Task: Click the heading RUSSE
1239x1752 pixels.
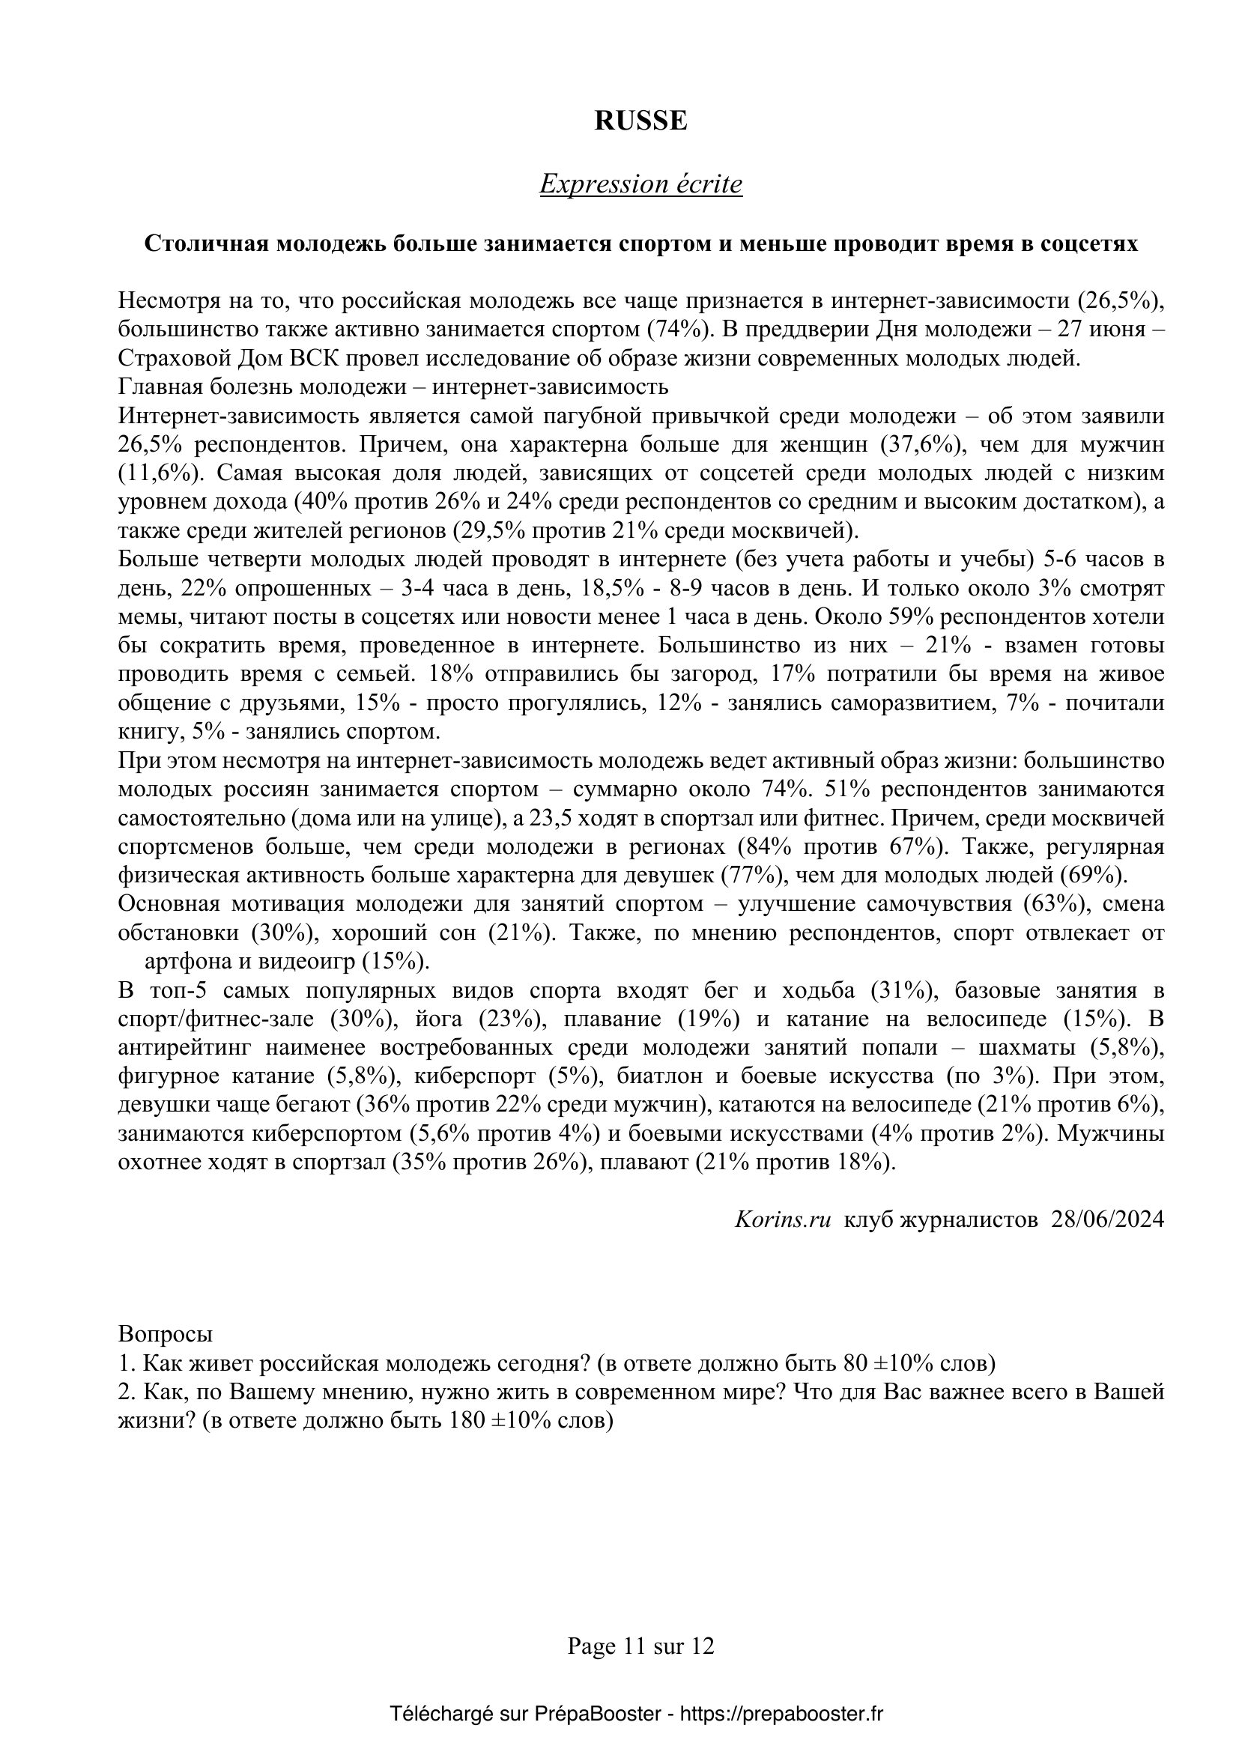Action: [641, 121]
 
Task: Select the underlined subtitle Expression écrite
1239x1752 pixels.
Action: [641, 185]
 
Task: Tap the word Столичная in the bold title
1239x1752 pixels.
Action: [207, 243]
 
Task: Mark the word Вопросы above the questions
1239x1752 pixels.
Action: [166, 1335]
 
